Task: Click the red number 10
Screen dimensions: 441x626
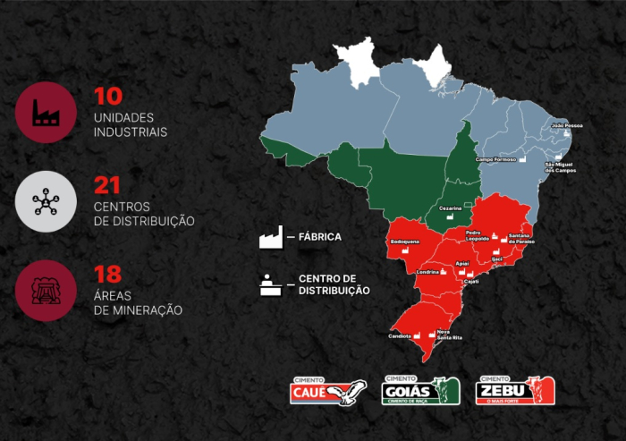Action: click(x=107, y=97)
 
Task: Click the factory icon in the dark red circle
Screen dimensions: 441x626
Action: click(x=46, y=113)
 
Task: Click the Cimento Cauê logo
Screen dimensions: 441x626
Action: click(x=328, y=392)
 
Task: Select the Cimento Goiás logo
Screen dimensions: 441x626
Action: click(x=420, y=391)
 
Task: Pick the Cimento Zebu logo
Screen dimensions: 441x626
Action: click(x=515, y=391)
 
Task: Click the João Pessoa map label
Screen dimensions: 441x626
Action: click(x=566, y=125)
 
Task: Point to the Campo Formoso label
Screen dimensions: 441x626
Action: click(x=496, y=159)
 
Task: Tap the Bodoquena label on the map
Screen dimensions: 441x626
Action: click(x=404, y=242)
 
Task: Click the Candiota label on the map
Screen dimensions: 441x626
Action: click(x=399, y=336)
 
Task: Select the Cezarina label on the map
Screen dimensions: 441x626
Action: click(x=450, y=208)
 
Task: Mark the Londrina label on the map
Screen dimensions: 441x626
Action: click(x=427, y=272)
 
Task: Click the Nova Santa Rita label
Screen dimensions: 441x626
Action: click(x=449, y=335)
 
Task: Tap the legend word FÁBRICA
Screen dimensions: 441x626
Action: click(x=319, y=237)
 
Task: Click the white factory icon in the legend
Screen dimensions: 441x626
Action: click(x=270, y=237)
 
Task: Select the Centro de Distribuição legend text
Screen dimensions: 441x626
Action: click(x=334, y=284)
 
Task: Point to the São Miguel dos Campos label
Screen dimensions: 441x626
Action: click(x=561, y=167)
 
